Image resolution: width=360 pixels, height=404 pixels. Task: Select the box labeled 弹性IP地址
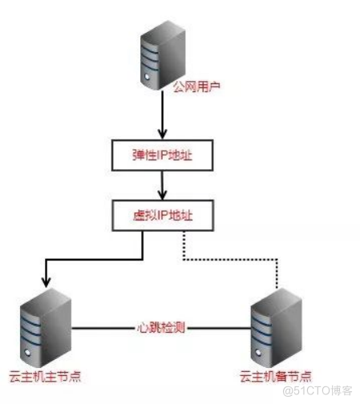point(164,156)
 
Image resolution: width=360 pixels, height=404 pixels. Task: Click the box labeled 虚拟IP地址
point(164,214)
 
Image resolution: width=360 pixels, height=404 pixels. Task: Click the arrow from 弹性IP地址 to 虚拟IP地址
point(164,186)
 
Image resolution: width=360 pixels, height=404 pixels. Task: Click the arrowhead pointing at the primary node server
point(45,282)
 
